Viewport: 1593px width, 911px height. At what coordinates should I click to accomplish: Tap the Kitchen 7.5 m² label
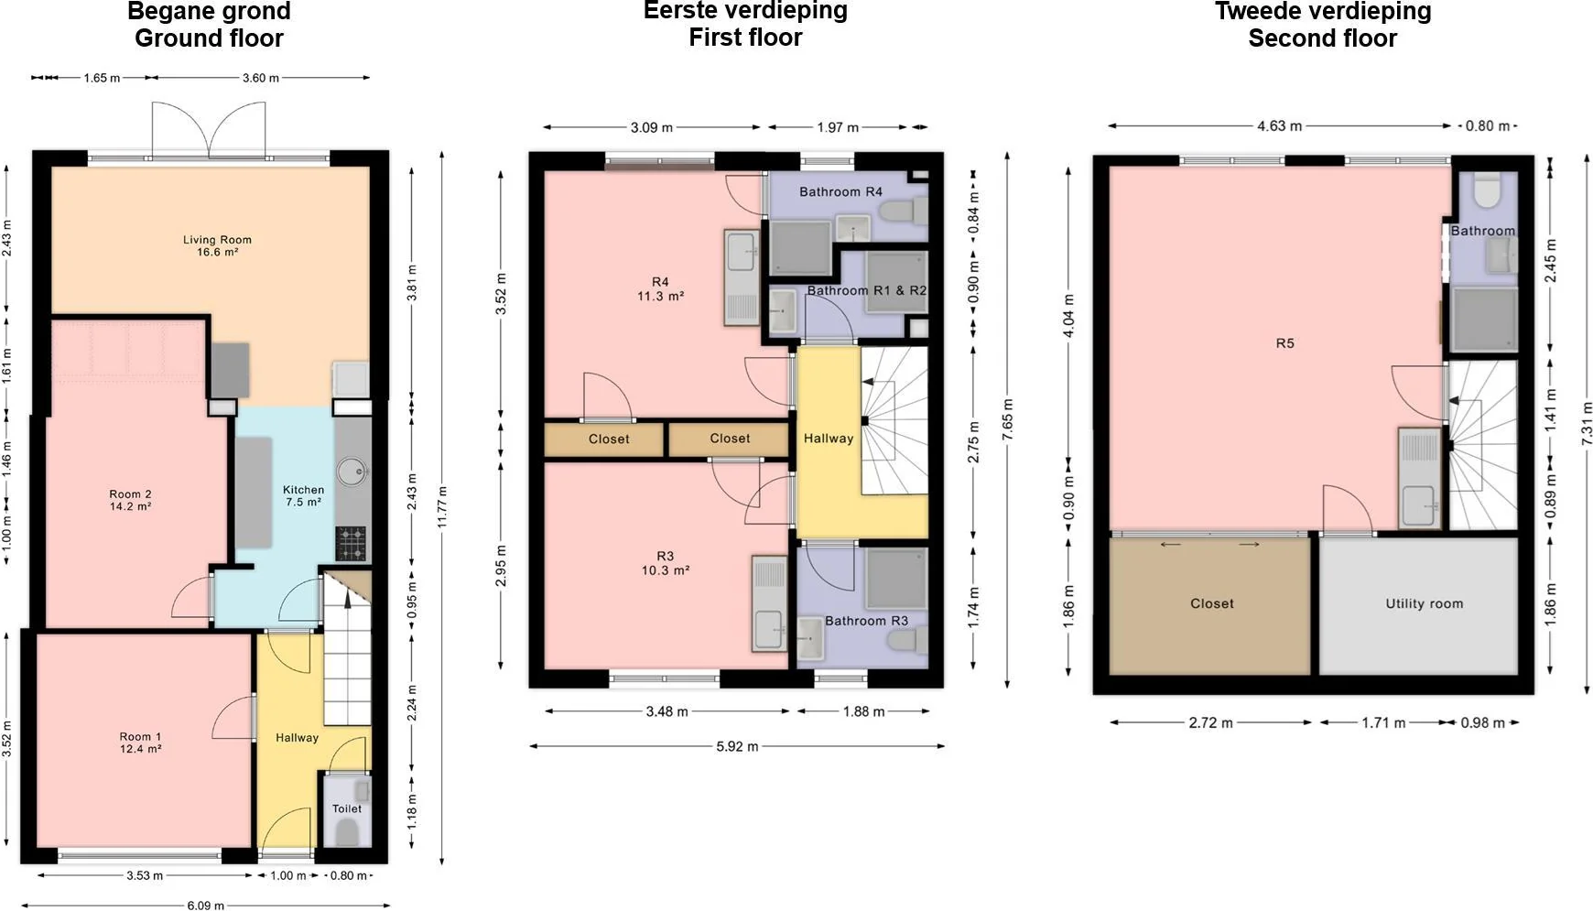pos(303,495)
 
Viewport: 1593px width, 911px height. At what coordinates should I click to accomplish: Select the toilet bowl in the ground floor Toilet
pos(347,831)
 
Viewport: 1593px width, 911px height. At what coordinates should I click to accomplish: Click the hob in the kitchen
pos(351,543)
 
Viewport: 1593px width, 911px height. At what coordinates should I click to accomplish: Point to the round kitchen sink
pos(351,472)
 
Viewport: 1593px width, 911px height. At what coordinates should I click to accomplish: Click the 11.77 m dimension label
pos(441,506)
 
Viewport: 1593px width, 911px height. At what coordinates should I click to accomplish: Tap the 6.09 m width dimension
pos(205,906)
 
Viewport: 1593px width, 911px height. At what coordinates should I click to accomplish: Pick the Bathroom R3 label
pos(866,621)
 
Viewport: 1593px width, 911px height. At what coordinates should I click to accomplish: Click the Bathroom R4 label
pos(840,191)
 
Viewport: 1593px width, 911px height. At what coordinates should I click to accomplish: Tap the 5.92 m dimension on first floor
pos(737,746)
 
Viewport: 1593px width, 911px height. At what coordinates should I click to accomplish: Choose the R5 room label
pos(1284,343)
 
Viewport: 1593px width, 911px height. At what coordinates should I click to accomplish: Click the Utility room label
pos(1424,603)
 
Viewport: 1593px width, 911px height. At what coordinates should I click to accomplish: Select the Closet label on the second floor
pos(1211,603)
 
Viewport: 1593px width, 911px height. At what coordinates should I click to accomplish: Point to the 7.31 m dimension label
pos(1587,424)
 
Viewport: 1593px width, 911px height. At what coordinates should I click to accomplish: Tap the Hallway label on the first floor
pos(829,439)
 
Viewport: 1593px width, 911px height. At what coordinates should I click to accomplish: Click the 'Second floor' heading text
pos(1322,38)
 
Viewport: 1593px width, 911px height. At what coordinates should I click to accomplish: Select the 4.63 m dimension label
pos(1279,125)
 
